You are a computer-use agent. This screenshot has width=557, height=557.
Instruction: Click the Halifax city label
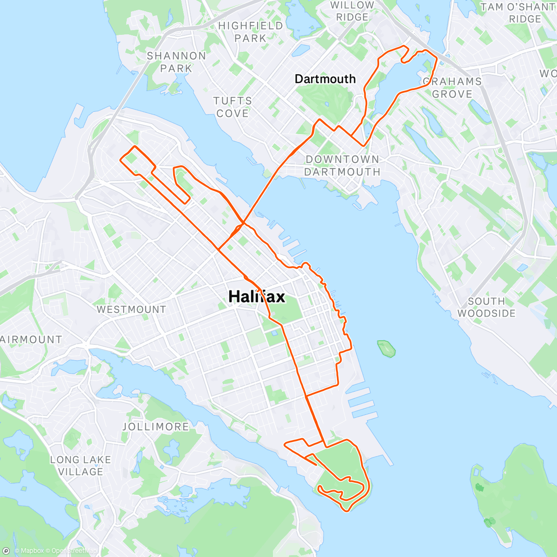tap(257, 296)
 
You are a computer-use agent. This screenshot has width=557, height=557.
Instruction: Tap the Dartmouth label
tap(325, 79)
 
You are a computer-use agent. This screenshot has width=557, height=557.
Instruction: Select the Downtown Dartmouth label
tap(343, 166)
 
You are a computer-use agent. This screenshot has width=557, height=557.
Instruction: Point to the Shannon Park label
tap(176, 62)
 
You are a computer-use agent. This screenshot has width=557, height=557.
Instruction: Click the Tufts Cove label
tap(233, 107)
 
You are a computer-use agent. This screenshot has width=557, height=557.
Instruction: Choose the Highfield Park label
tap(251, 32)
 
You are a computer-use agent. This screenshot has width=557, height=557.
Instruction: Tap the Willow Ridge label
tap(352, 11)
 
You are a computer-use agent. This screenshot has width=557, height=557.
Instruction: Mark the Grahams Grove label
tap(452, 88)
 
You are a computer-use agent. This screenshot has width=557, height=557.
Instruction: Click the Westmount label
tap(131, 309)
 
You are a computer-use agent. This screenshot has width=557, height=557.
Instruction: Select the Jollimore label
tap(155, 427)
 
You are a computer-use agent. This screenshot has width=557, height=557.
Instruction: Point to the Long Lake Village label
tap(81, 466)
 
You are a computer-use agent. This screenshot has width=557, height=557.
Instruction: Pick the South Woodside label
tap(486, 307)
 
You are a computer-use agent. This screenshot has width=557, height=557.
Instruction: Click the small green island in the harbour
tap(386, 348)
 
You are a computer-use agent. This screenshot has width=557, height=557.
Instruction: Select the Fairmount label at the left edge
tap(31, 339)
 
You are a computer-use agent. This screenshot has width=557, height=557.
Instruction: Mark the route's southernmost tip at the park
tap(346, 511)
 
